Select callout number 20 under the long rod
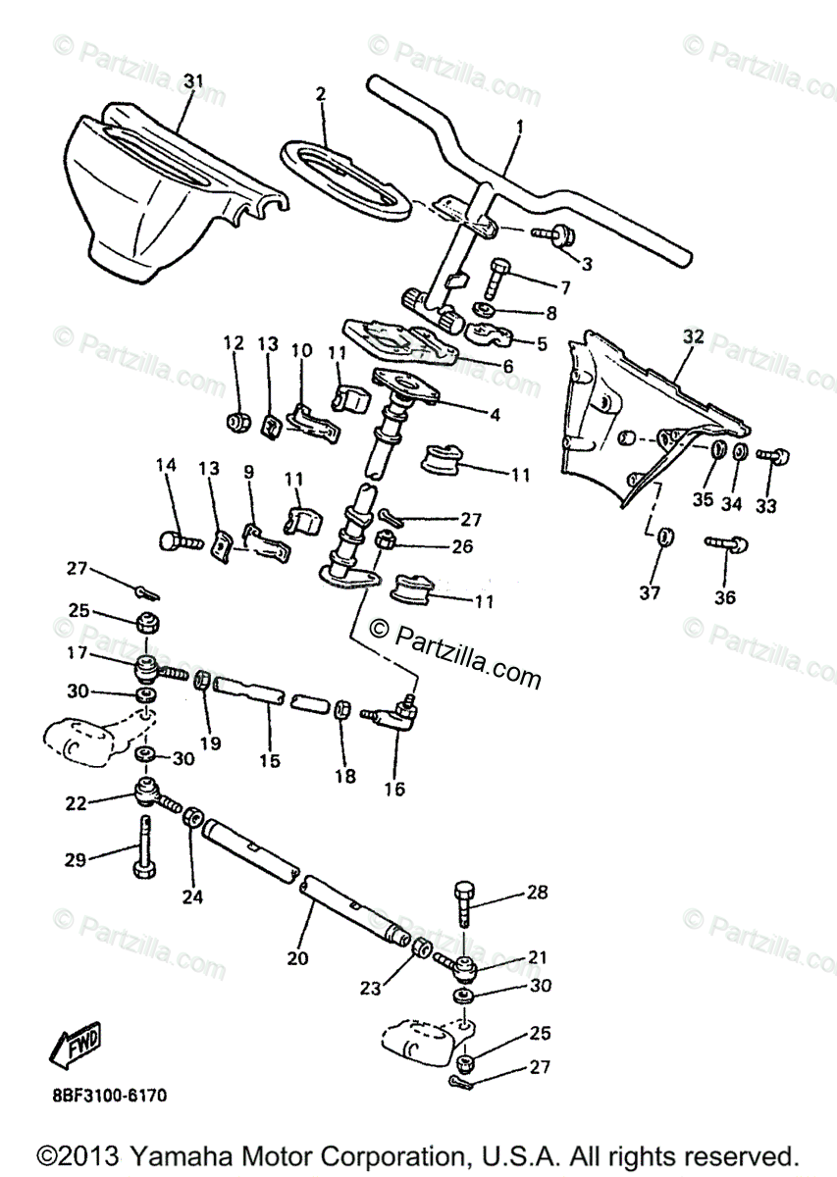click(297, 957)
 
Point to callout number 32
click(693, 336)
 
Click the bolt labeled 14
click(178, 538)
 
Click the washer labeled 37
click(663, 537)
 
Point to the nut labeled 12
click(236, 422)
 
